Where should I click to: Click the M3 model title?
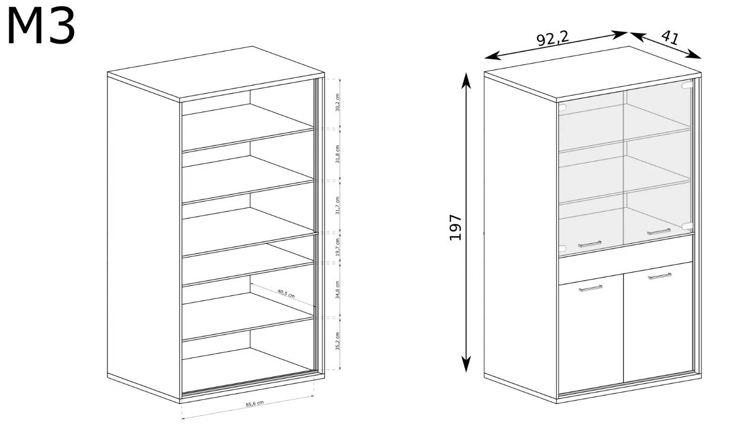pos(41,26)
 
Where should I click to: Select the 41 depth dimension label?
pos(670,37)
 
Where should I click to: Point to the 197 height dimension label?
pos(455,227)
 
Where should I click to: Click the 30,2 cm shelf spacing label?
pos(338,103)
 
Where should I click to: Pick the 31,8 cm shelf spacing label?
pos(338,154)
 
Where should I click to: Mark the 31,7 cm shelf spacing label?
pos(338,206)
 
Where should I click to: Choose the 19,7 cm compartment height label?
pos(338,247)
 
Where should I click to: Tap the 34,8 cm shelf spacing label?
pos(338,289)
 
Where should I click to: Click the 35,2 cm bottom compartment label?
pos(338,341)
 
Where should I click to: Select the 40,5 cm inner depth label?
pos(286,293)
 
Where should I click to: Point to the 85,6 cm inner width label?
pos(254,404)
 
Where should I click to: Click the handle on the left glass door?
pos(590,244)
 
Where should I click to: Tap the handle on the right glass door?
pos(659,232)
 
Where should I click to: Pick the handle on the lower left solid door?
pos(591,288)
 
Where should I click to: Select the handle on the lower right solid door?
pos(660,276)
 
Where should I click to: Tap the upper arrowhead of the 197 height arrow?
pos(465,80)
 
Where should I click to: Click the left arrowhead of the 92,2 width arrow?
pos(492,56)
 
